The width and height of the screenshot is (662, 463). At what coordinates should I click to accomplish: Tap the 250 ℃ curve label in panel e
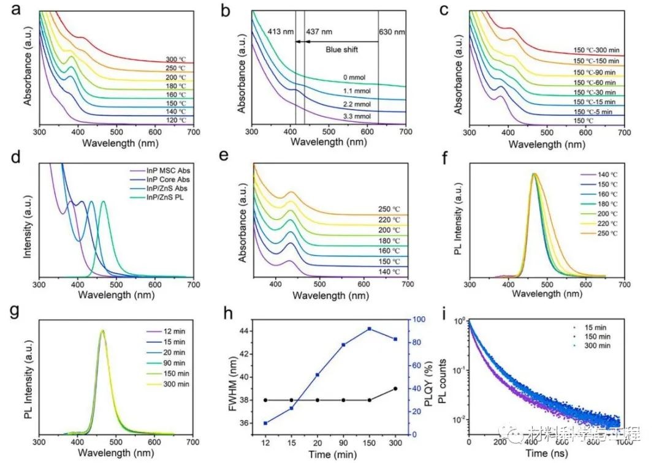point(387,208)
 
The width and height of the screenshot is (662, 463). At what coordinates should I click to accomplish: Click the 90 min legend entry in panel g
point(162,361)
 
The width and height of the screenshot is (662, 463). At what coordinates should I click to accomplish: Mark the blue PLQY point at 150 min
point(370,329)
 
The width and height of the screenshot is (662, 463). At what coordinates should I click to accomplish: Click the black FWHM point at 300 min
point(395,388)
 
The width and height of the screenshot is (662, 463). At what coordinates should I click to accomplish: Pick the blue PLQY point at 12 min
point(265,423)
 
